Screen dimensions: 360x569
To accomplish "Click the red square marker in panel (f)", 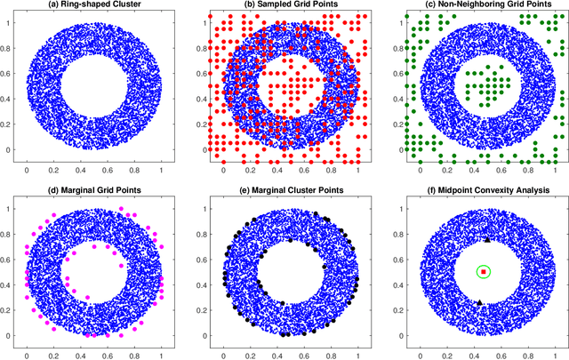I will click(483, 271).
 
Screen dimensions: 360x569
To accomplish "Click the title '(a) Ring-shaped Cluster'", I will click(93, 6).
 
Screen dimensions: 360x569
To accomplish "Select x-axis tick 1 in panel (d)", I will click(161, 353).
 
